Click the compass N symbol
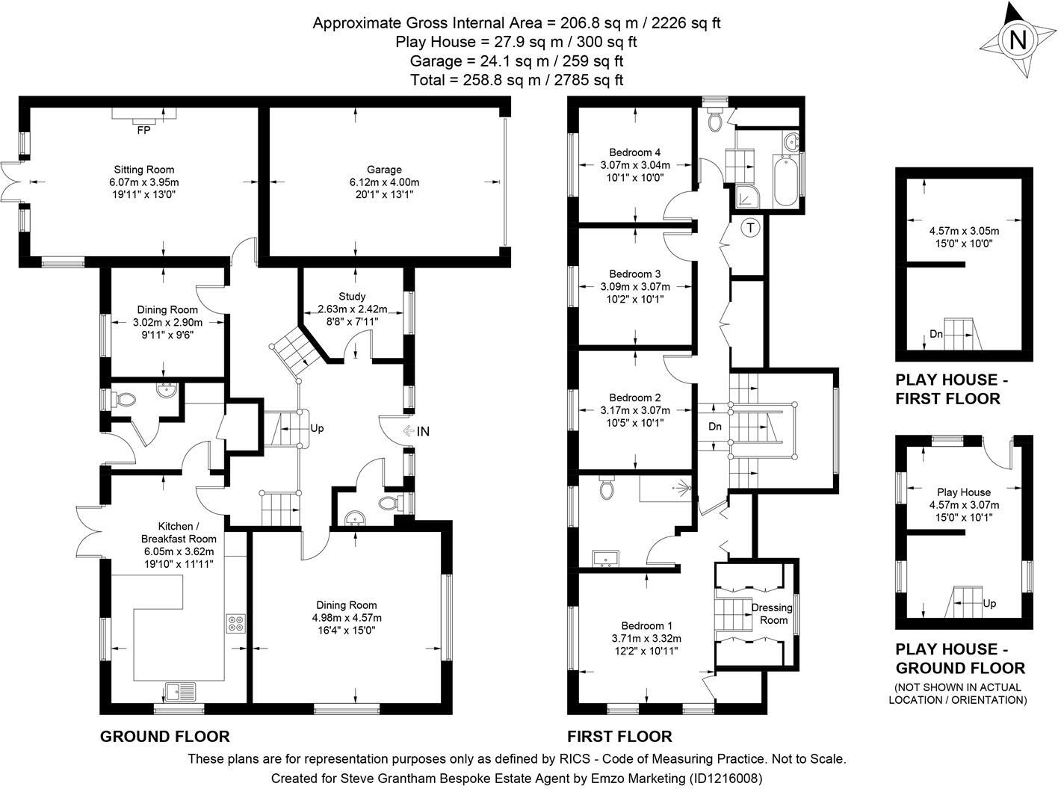coord(1018,40)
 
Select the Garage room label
coord(384,170)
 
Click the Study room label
coord(352,297)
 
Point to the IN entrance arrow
coord(416,431)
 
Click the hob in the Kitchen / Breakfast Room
coord(237,623)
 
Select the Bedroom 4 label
coord(634,152)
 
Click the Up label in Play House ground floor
coord(989,603)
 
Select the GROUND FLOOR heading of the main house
coord(164,736)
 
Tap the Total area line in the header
coord(516,79)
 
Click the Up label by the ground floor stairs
coord(317,429)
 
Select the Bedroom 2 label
coord(634,397)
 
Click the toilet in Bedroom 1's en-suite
coord(607,489)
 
